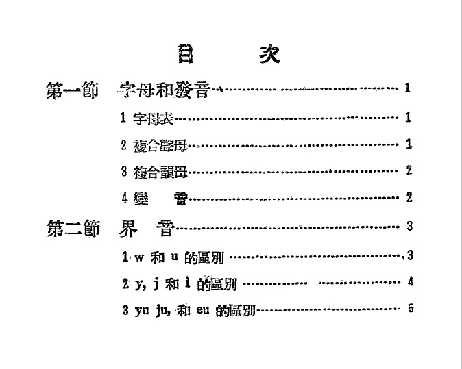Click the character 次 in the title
pos(269,54)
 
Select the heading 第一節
pos(72,90)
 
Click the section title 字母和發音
pos(165,90)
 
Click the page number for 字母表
pos(408,118)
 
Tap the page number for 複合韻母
pos(409,170)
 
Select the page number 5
pos(410,308)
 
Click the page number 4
pos(409,281)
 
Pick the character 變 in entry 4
pos(141,198)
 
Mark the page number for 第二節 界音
pos(409,226)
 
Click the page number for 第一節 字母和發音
pos(408,88)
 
